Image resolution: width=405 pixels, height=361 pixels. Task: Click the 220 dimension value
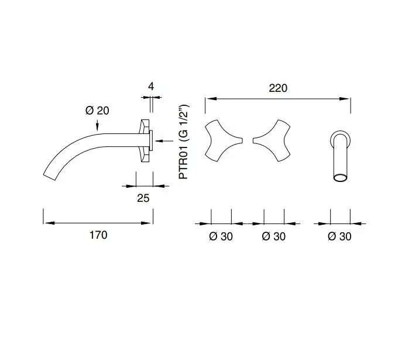(x=278, y=88)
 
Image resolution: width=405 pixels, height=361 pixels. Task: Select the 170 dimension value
(x=98, y=235)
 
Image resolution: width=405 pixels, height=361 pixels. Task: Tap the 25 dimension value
(x=143, y=198)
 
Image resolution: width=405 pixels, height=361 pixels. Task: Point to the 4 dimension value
(x=151, y=86)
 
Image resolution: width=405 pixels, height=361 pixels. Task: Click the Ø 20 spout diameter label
(x=97, y=111)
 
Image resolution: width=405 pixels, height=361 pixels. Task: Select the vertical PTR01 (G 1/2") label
(x=184, y=142)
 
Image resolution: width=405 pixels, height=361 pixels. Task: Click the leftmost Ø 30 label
(x=221, y=236)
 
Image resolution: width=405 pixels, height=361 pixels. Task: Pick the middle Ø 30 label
(x=273, y=236)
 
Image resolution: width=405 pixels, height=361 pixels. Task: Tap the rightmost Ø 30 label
(x=339, y=236)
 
